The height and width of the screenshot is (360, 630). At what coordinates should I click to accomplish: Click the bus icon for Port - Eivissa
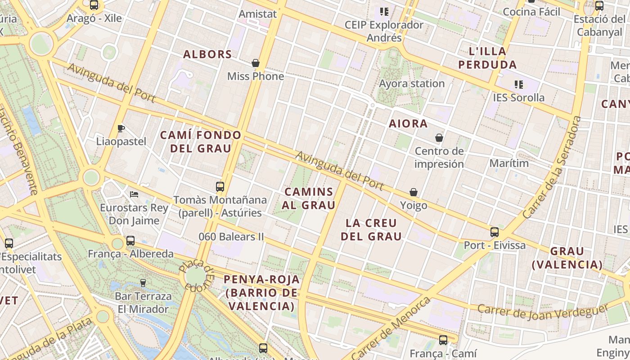495,232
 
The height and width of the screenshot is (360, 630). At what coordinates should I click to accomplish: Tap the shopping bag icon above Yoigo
414,192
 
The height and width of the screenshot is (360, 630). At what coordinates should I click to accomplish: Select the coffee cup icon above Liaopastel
121,128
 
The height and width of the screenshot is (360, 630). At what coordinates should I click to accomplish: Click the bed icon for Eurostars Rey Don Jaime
134,194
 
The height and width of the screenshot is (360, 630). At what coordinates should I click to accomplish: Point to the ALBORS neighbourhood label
207,54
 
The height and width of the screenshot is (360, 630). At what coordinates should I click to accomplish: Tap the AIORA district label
408,123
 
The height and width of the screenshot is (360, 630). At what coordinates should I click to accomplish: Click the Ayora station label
412,84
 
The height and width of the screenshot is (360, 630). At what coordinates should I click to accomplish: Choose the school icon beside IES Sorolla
518,84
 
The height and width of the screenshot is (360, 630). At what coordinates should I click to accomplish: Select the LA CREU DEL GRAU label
371,229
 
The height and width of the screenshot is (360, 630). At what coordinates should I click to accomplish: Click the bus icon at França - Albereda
130,241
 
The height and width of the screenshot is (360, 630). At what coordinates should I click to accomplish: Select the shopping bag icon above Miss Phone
256,63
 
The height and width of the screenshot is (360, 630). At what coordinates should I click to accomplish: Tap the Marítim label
509,163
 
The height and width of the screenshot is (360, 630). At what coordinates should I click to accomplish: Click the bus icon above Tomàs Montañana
220,186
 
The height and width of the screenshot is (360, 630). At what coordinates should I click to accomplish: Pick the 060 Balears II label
231,237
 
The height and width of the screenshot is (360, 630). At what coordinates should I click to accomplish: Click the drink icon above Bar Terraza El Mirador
143,283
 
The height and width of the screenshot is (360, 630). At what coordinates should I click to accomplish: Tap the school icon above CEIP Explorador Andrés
384,11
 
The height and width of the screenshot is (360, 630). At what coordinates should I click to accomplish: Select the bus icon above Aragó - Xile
94,5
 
